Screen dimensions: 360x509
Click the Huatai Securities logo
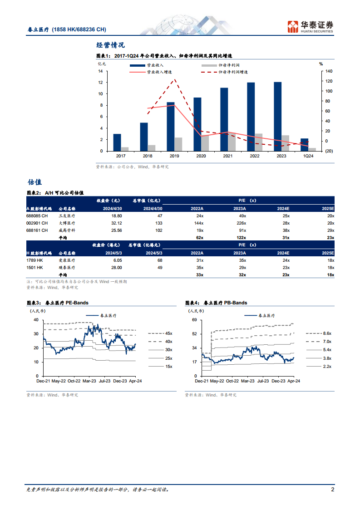click(310, 27)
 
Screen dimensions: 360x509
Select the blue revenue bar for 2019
click(171, 127)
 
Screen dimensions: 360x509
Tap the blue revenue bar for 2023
click(277, 117)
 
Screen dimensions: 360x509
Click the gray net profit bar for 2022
click(259, 142)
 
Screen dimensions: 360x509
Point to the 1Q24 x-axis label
click(308, 156)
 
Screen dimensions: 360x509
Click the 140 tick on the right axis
click(329, 71)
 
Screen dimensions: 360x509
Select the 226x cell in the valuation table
click(241, 223)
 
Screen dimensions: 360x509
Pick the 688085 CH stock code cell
click(37, 216)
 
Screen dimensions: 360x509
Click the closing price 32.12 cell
click(117, 223)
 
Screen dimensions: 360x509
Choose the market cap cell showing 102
click(158, 230)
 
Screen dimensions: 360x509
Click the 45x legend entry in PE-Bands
click(160, 333)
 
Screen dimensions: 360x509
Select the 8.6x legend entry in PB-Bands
click(319, 333)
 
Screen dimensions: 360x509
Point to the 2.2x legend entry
click(319, 367)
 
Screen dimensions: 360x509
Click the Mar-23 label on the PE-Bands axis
click(89, 381)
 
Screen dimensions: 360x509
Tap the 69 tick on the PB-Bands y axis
click(194, 320)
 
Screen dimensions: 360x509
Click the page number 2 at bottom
click(332, 489)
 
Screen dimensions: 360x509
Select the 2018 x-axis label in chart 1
click(148, 156)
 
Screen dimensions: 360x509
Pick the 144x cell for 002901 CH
click(199, 223)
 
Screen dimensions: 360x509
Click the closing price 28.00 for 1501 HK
click(117, 268)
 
